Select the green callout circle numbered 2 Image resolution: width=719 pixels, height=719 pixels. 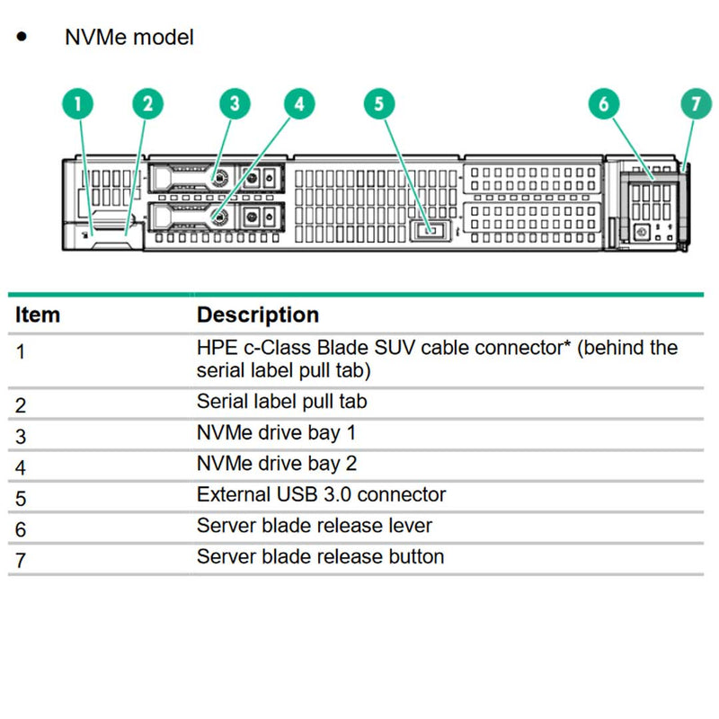148,104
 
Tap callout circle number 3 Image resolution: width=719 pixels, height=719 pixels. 235,104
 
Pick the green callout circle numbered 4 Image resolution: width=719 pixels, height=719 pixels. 300,104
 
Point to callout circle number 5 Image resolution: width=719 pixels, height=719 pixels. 379,104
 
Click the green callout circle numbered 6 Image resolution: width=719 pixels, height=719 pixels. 604,104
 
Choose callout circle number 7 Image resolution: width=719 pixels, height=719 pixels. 695,104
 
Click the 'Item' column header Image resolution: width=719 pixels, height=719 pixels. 38,315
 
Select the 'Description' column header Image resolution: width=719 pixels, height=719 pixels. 258,315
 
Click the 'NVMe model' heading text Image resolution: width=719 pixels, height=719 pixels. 129,38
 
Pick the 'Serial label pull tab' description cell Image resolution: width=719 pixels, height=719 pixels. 281,402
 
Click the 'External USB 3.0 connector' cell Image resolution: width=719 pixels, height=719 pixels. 321,494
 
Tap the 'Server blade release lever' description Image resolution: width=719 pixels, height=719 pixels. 315,526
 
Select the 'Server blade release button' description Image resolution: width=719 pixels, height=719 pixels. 320,556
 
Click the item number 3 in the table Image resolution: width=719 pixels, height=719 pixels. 21,436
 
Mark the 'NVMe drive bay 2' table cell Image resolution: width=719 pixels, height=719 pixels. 277,464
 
